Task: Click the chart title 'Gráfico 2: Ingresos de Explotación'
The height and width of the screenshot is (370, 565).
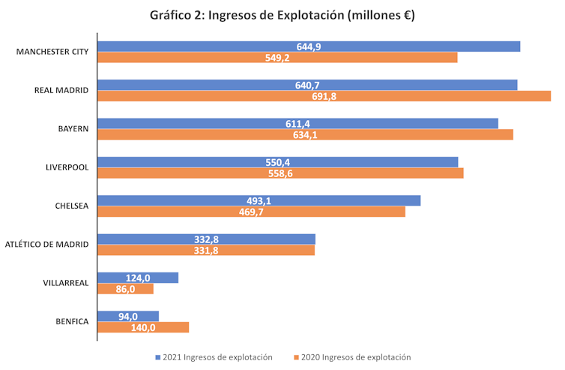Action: [x=282, y=15]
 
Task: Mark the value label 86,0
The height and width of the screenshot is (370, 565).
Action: [x=125, y=289]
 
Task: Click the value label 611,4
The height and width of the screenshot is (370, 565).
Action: [x=297, y=123]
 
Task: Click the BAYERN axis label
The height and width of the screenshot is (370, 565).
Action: [x=73, y=128]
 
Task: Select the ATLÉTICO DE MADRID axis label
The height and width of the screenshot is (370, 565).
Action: [x=47, y=244]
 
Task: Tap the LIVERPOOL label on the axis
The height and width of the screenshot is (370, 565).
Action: [x=67, y=167]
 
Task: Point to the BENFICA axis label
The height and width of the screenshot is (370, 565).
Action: [x=72, y=321]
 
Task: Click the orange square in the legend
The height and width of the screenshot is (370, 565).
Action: [x=297, y=357]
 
